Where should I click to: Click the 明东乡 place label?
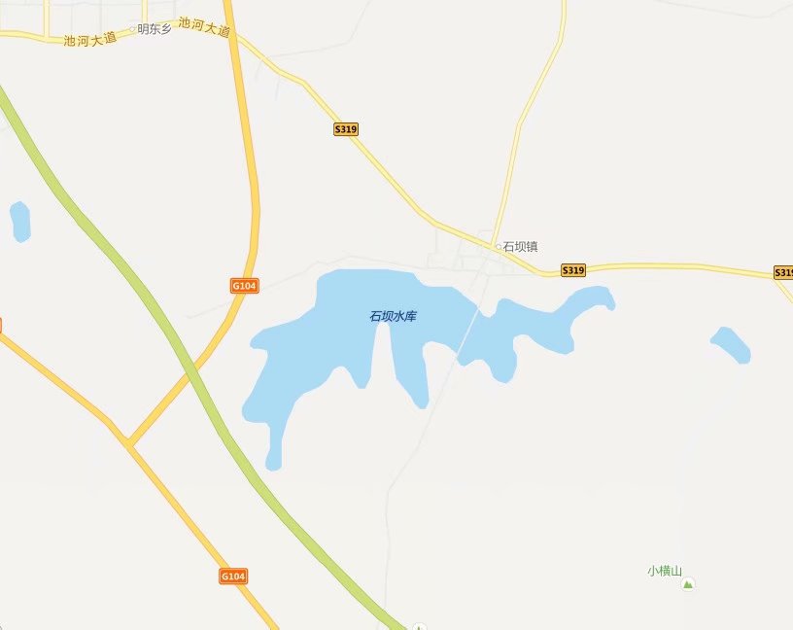pyautogui.click(x=155, y=29)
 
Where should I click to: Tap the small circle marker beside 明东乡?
pyautogui.click(x=133, y=29)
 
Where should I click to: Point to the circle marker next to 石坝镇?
pyautogui.click(x=500, y=247)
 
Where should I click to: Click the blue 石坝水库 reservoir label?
pyautogui.click(x=393, y=316)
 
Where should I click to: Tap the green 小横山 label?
pyautogui.click(x=666, y=571)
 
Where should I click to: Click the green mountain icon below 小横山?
pyautogui.click(x=689, y=584)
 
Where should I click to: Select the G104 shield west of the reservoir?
pyautogui.click(x=244, y=286)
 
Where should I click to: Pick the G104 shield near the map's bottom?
pyautogui.click(x=233, y=577)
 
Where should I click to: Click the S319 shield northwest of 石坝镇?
pyautogui.click(x=346, y=129)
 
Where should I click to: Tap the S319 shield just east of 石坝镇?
pyautogui.click(x=573, y=270)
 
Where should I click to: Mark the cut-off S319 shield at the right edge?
pyautogui.click(x=783, y=273)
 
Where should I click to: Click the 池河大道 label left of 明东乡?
pyautogui.click(x=89, y=40)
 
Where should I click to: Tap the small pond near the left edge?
pyautogui.click(x=19, y=222)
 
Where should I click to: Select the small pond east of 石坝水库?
pyautogui.click(x=731, y=344)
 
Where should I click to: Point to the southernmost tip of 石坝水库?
pyautogui.click(x=273, y=465)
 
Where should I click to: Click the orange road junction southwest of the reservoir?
pyautogui.click(x=127, y=443)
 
